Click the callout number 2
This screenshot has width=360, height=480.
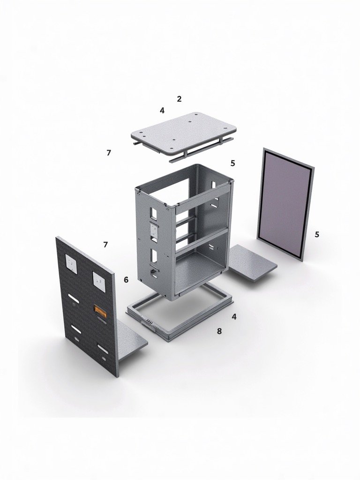coord(179,99)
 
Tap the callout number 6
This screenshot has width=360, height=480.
coord(126,280)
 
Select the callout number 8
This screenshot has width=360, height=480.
coord(219,331)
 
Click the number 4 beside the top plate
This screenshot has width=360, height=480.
coord(162,111)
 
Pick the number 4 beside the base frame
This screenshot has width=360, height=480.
coord(234,317)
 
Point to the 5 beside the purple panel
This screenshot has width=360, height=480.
coord(317,234)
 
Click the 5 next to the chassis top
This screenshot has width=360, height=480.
coord(232,163)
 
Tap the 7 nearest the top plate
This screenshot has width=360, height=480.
coord(109,153)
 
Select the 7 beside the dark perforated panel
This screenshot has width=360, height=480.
coord(105,244)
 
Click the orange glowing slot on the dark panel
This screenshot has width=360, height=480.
coord(101,309)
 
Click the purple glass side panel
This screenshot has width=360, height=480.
coord(285,204)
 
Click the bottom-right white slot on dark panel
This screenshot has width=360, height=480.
coord(102,348)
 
